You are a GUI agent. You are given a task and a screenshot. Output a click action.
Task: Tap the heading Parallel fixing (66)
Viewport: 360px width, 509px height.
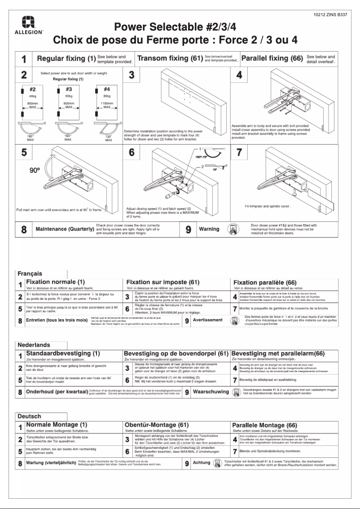[272, 59]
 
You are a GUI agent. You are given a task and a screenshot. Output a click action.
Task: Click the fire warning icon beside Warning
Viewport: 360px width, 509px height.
[232, 229]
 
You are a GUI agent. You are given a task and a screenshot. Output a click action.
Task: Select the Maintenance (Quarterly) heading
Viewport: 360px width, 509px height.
[65, 230]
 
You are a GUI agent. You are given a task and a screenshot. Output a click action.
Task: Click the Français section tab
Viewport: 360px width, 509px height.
[30, 273]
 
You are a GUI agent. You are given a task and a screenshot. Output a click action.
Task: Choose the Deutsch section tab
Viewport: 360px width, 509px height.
[29, 416]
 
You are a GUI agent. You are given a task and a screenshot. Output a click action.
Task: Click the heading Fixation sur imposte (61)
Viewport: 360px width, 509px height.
[162, 281]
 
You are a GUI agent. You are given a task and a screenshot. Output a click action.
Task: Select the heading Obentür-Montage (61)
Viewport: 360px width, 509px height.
[157, 425]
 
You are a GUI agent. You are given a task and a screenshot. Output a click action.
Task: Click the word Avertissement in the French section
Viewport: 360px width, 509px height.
[207, 320]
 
